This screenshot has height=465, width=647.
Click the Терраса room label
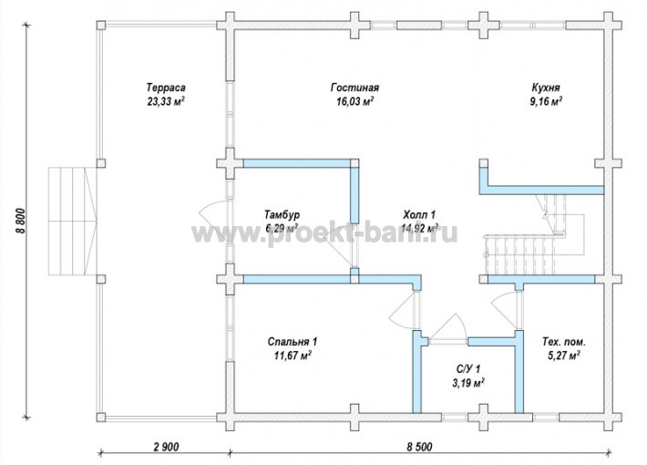(166, 88)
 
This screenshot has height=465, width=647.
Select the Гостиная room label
(354, 88)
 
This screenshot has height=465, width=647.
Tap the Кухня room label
(546, 88)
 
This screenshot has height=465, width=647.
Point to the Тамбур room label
(282, 215)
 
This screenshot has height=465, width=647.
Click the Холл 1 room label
(419, 215)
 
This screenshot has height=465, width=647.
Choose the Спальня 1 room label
(293, 342)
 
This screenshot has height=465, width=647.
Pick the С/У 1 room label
(468, 368)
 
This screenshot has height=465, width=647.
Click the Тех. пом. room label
(564, 342)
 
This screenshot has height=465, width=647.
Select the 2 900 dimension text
(166, 447)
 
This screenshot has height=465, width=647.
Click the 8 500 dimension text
(419, 447)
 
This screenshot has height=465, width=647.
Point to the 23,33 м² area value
(166, 101)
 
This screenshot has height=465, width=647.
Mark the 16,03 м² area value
(354, 101)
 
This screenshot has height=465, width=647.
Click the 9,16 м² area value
(546, 101)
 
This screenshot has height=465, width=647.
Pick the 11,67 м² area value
(293, 356)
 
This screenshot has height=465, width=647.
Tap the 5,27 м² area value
(564, 356)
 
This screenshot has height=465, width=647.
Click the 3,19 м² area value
(468, 383)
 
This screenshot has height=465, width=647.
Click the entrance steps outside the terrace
(72, 221)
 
